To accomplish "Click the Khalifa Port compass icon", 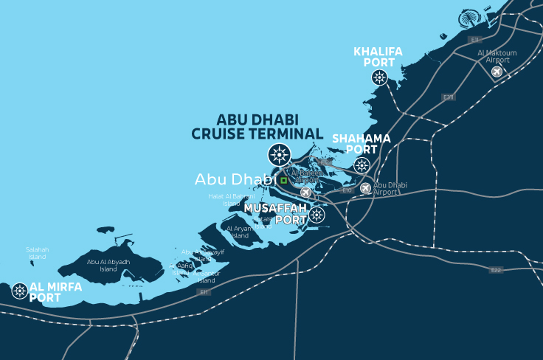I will point(379,77).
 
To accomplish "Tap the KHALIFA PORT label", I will point(378,57).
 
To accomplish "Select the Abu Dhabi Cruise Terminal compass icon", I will point(279,154).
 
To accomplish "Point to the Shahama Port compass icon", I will point(362,165).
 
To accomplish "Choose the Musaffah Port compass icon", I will point(317,215).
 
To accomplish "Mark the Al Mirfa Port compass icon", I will point(19,291).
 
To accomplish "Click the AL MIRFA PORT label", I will point(55,292).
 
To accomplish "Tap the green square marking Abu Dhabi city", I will point(283,179).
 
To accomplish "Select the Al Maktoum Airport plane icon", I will point(497,72).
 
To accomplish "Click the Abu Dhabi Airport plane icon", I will point(365,188).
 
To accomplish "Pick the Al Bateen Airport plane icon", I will point(306,192).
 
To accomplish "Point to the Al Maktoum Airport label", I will point(497,57).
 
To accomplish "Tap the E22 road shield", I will point(496,270).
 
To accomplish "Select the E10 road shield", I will point(346,190).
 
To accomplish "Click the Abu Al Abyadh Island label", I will point(108,265).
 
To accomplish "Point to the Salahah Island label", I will point(37,253).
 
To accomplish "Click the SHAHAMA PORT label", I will point(362,144).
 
